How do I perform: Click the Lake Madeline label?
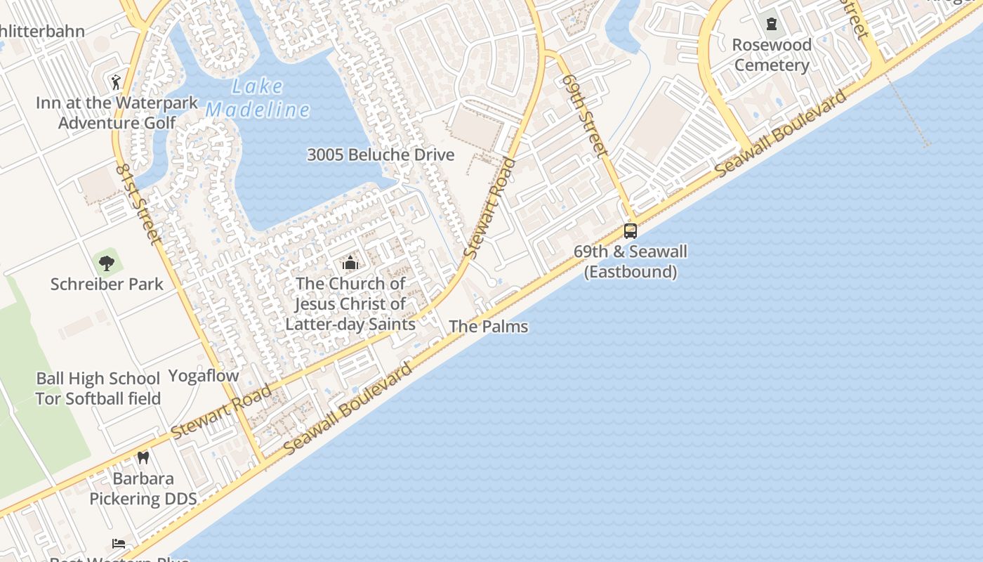click(258, 98)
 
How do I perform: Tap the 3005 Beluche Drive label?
click(381, 155)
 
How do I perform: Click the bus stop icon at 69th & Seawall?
click(631, 230)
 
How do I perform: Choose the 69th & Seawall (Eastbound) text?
click(631, 261)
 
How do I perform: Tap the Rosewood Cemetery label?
click(772, 55)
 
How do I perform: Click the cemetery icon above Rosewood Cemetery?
click(772, 25)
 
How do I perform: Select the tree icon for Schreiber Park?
click(107, 263)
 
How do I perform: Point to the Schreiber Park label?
click(107, 285)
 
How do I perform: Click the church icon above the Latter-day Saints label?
click(350, 263)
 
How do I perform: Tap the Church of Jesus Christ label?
click(350, 303)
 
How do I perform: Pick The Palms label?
click(488, 326)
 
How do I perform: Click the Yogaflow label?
click(204, 376)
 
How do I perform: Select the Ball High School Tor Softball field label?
click(98, 388)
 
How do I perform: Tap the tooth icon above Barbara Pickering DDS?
click(143, 457)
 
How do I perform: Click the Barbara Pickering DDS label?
click(143, 489)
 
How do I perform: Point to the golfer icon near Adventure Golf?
click(116, 81)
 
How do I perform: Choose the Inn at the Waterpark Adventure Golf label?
click(117, 112)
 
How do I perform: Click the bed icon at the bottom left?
click(119, 543)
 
